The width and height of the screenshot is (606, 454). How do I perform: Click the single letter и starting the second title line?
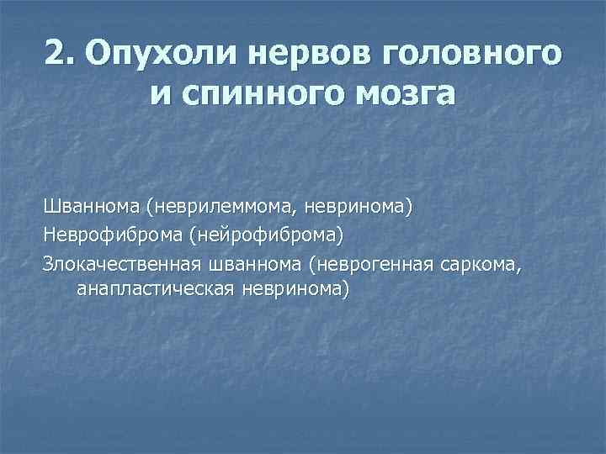click(162, 93)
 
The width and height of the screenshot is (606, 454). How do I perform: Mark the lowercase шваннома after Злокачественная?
click(255, 265)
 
